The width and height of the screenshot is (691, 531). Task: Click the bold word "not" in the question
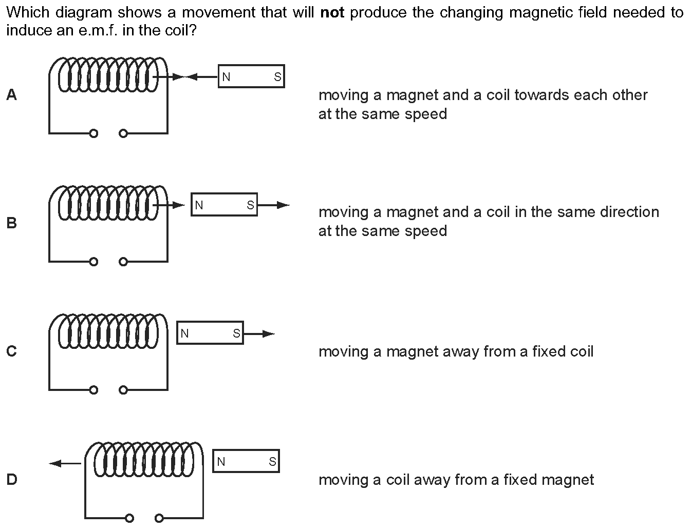click(x=331, y=12)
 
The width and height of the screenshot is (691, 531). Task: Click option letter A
click(x=11, y=95)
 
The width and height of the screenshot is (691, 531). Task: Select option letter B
click(x=11, y=223)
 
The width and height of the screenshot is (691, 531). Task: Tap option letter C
click(x=11, y=351)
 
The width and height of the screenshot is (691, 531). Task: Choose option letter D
click(x=11, y=480)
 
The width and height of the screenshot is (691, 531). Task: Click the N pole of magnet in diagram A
click(x=226, y=77)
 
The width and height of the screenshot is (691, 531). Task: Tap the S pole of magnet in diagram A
click(x=277, y=77)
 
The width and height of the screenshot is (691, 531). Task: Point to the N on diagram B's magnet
click(x=199, y=205)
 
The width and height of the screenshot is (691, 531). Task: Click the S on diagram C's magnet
click(x=236, y=333)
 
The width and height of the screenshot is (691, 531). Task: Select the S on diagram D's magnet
click(x=272, y=462)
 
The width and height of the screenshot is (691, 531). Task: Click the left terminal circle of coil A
click(x=93, y=133)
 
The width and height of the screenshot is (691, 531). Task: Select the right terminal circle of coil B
click(x=122, y=262)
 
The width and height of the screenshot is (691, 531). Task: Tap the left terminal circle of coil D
click(x=129, y=518)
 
